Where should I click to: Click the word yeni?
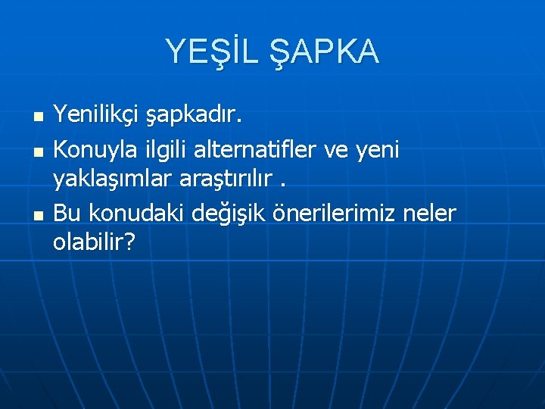(378, 150)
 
